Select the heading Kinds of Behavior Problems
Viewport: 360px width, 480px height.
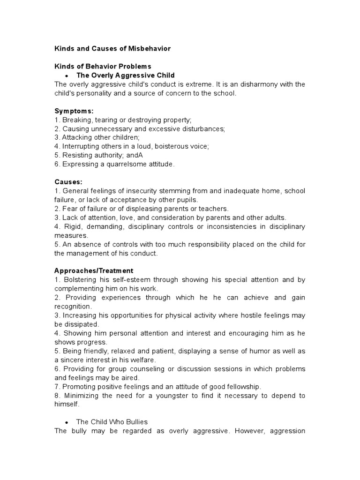point(103,66)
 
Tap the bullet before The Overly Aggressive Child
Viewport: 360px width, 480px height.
point(67,75)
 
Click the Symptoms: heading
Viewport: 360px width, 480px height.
point(74,111)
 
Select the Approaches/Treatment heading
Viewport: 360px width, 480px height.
point(94,270)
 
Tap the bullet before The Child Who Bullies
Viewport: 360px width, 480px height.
point(67,422)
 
